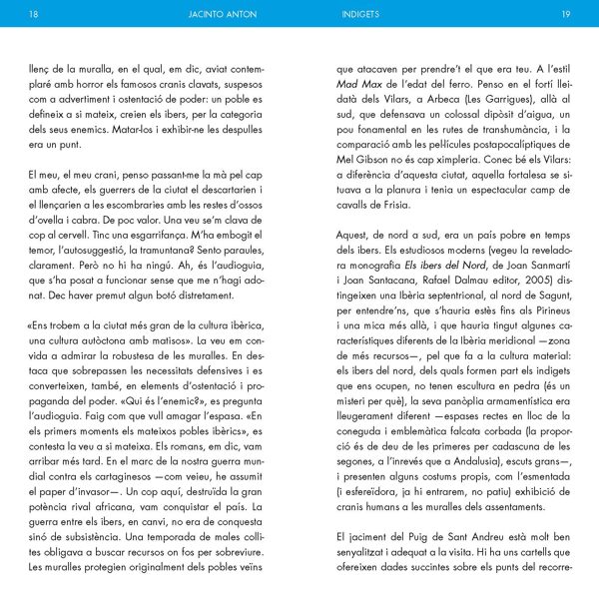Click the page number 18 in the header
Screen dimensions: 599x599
(x=35, y=15)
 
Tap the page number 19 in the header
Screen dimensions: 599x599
(x=565, y=15)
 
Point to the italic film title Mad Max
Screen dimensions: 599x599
(x=360, y=85)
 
